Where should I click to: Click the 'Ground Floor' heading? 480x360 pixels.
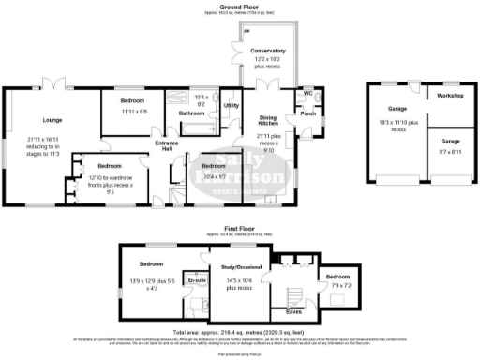239,5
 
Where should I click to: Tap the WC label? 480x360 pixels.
307,94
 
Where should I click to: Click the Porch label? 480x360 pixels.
307,115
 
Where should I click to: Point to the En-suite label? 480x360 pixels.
197,280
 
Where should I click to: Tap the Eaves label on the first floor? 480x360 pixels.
293,312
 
